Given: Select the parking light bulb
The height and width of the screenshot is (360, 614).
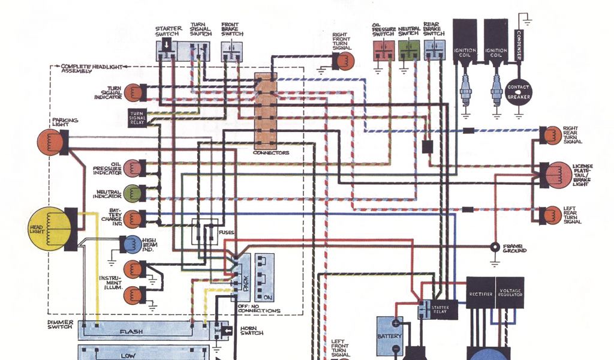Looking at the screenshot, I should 50,142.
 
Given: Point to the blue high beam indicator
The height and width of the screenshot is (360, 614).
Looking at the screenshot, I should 130,244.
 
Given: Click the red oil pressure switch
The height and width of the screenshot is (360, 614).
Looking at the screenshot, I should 382,50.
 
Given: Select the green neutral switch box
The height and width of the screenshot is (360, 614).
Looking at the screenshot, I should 408,50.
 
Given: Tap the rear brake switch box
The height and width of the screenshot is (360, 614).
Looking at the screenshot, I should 434,50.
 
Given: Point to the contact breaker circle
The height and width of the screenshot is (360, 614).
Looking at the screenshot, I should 519,92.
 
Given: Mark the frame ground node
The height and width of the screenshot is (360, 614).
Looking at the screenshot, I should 495,247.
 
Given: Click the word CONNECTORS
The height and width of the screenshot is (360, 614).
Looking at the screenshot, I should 272,153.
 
